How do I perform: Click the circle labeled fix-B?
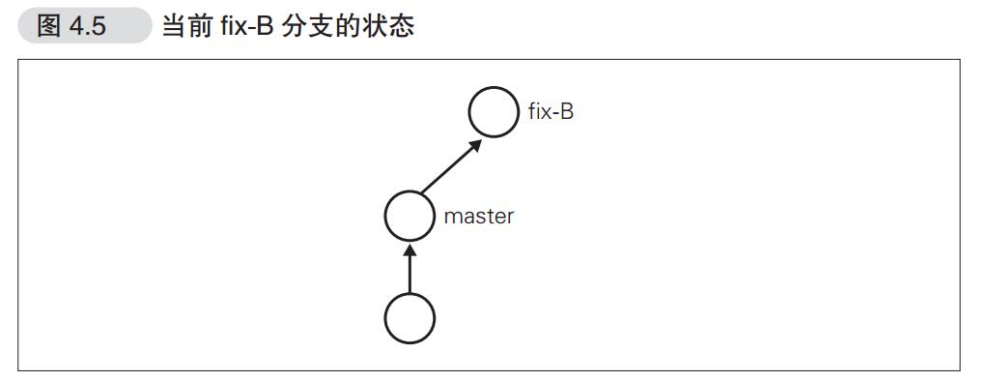(x=494, y=112)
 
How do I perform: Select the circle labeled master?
(x=410, y=217)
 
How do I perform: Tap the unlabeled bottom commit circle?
(x=410, y=318)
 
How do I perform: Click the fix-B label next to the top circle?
(x=551, y=112)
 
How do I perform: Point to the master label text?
(x=479, y=217)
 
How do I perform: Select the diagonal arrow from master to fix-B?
(x=450, y=166)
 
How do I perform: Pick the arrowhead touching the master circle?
(x=410, y=251)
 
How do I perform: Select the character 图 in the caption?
(x=49, y=26)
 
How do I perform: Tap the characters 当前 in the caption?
(x=186, y=26)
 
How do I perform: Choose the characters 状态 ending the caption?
(x=389, y=26)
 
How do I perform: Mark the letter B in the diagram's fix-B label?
(x=566, y=112)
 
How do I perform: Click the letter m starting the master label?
(x=452, y=218)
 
